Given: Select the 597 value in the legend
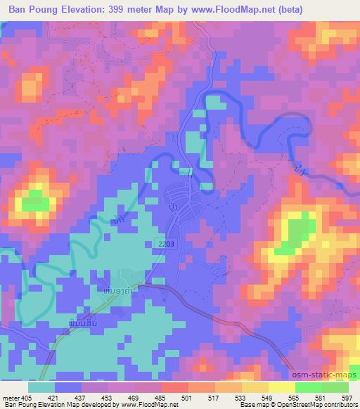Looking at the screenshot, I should tap(347, 397).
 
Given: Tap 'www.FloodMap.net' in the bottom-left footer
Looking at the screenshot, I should tap(146, 405).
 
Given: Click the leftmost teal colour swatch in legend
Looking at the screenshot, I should tap(41, 387).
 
